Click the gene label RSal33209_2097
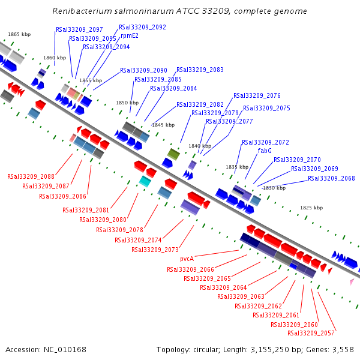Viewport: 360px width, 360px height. [79, 29]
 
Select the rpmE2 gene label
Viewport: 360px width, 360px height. [130, 36]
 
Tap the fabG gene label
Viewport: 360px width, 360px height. [265, 151]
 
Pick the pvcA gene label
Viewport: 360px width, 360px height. [187, 259]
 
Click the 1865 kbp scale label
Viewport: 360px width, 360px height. [19, 34]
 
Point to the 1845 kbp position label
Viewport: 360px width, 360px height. [163, 125]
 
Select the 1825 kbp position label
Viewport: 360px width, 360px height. [311, 208]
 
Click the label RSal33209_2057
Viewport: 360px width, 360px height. [311, 333]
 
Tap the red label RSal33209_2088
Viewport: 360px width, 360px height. [31, 176]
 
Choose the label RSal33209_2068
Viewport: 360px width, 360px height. [331, 178]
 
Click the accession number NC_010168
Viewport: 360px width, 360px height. [65, 350]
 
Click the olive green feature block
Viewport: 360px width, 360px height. [173, 154]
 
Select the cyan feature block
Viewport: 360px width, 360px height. [145, 181]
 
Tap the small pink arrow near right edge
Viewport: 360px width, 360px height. [352, 281]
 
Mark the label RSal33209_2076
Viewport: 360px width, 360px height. [257, 95]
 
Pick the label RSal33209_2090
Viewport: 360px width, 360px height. [143, 70]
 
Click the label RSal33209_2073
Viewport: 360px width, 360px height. [155, 250]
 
